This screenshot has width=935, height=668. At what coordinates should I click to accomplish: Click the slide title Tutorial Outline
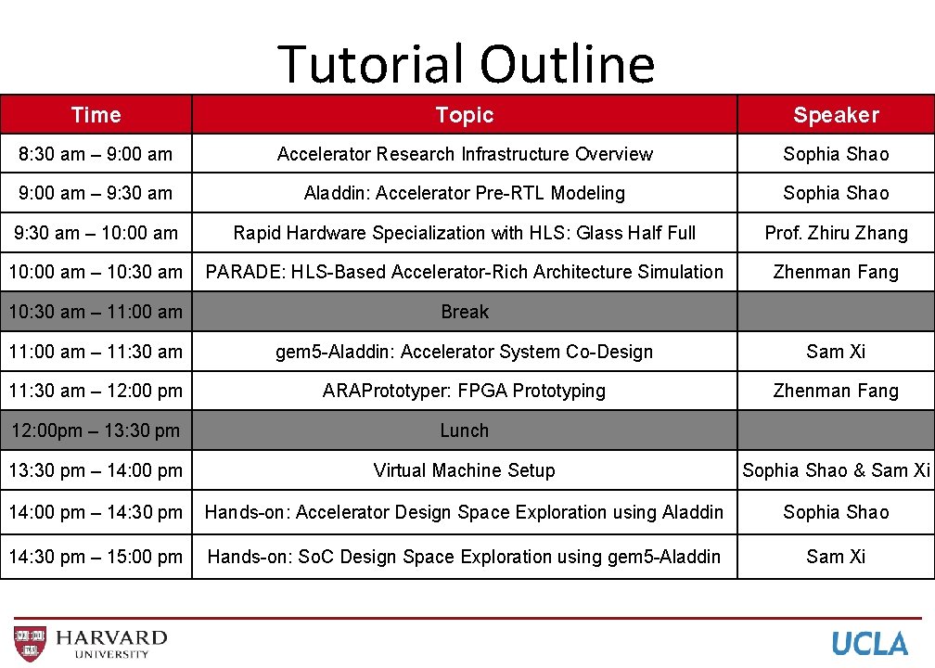click(x=466, y=63)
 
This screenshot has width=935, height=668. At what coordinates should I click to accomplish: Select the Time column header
click(x=96, y=115)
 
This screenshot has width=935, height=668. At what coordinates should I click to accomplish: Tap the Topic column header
click(x=464, y=115)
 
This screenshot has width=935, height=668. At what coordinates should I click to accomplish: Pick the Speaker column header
click(x=836, y=115)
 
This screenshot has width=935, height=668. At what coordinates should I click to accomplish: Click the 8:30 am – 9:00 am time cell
click(x=96, y=154)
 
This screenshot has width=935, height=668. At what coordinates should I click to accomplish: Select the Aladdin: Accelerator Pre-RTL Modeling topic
click(x=464, y=193)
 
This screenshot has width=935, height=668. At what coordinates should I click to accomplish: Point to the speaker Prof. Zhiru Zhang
click(x=836, y=233)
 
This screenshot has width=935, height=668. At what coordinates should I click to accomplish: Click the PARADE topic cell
click(x=464, y=272)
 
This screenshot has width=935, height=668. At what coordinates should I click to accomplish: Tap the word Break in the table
click(x=464, y=312)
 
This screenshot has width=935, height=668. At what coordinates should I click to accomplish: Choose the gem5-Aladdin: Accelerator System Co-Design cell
click(x=464, y=352)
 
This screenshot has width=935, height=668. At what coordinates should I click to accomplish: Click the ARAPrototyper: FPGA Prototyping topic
click(x=464, y=391)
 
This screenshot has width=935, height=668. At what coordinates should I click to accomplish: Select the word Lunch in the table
click(x=464, y=430)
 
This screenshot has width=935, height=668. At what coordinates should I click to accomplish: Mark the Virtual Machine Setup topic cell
click(x=464, y=470)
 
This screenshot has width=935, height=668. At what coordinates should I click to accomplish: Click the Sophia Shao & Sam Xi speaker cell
click(x=836, y=470)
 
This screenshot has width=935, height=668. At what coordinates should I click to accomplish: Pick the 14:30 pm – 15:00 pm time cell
click(x=96, y=557)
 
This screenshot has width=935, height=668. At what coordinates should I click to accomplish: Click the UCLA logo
click(x=869, y=643)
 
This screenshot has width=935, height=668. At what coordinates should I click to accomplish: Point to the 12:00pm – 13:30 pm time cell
click(x=96, y=430)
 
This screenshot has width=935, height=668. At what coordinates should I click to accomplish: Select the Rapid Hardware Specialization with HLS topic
click(x=464, y=233)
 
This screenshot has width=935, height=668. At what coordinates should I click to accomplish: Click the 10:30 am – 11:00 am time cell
click(x=96, y=312)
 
